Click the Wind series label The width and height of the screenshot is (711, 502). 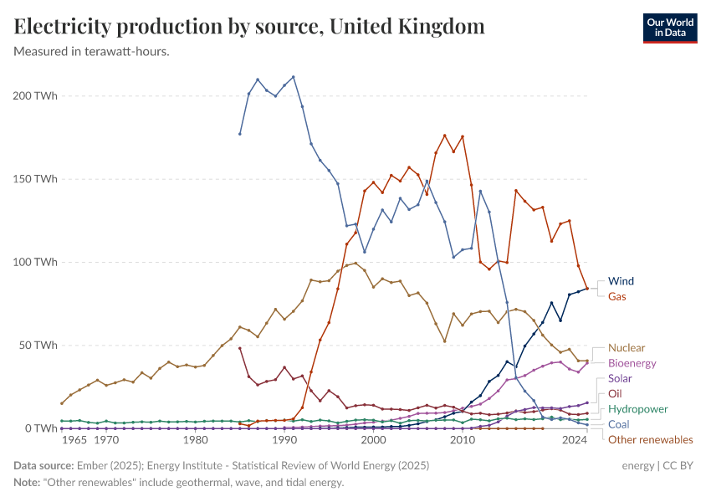[x=621, y=281]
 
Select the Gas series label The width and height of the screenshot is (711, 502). [x=616, y=297]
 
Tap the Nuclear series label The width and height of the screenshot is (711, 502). [x=626, y=348]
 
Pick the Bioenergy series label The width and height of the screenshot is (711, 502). [x=632, y=364]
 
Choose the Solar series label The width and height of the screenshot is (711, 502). [x=620, y=379]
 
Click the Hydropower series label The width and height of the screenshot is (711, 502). [x=637, y=409]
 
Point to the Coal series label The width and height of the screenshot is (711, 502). [x=619, y=425]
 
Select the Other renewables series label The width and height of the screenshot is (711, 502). [x=650, y=440]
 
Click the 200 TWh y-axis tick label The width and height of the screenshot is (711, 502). [x=35, y=96]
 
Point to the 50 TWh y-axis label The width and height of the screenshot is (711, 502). [x=38, y=346]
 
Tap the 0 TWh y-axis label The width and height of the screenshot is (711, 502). [x=41, y=428]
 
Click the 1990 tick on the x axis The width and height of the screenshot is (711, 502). [x=284, y=440]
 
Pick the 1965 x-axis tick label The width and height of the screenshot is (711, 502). [x=74, y=440]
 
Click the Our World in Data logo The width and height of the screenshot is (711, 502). [x=670, y=28]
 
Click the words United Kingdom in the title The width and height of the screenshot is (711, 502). [x=407, y=27]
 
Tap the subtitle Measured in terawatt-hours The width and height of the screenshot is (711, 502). [x=92, y=52]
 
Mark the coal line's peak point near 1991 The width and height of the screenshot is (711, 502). [x=293, y=77]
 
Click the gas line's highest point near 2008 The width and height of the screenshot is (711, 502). [x=444, y=136]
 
